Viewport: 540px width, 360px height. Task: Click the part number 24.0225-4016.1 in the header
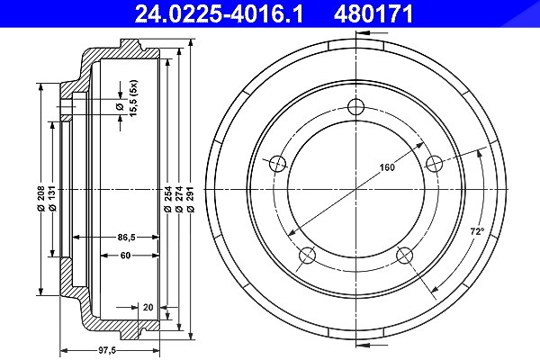[219, 14]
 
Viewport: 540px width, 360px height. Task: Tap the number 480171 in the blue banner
[373, 14]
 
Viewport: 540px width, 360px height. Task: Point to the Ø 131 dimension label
[52, 199]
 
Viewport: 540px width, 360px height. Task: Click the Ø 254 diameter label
[167, 199]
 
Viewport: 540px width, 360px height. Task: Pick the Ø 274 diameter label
[179, 199]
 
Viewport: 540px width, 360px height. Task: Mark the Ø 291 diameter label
[191, 199]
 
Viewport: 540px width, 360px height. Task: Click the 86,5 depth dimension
[126, 237]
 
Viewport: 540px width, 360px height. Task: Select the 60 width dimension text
[125, 256]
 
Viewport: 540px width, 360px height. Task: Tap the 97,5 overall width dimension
[107, 351]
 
